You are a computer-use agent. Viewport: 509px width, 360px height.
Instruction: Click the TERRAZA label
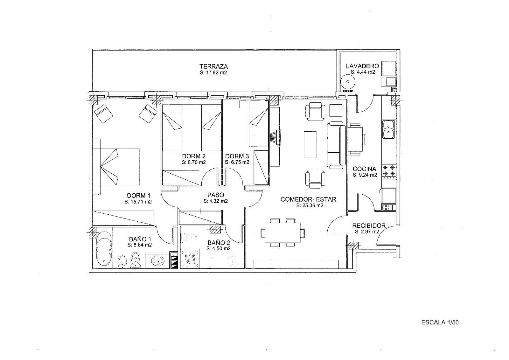coord(213,66)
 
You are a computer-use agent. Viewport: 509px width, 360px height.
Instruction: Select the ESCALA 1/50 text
coord(440,322)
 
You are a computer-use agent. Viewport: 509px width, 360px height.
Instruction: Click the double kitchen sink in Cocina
coord(388,129)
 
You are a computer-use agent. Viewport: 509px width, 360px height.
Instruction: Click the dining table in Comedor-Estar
coord(282,233)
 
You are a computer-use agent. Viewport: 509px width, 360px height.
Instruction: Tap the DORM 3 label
coord(237,156)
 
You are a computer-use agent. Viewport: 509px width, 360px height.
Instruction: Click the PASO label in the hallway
coord(216,195)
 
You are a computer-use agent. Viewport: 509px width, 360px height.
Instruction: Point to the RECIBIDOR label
coord(369,226)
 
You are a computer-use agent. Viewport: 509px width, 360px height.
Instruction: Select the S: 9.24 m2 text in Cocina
coord(365,175)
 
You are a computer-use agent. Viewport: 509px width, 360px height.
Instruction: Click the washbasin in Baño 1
coord(157,261)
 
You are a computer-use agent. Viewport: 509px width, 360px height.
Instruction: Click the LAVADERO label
coord(362,66)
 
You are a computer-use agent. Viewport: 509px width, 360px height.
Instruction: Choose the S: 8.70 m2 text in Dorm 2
coord(194,162)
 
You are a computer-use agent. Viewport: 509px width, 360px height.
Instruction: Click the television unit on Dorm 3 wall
coord(275,137)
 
